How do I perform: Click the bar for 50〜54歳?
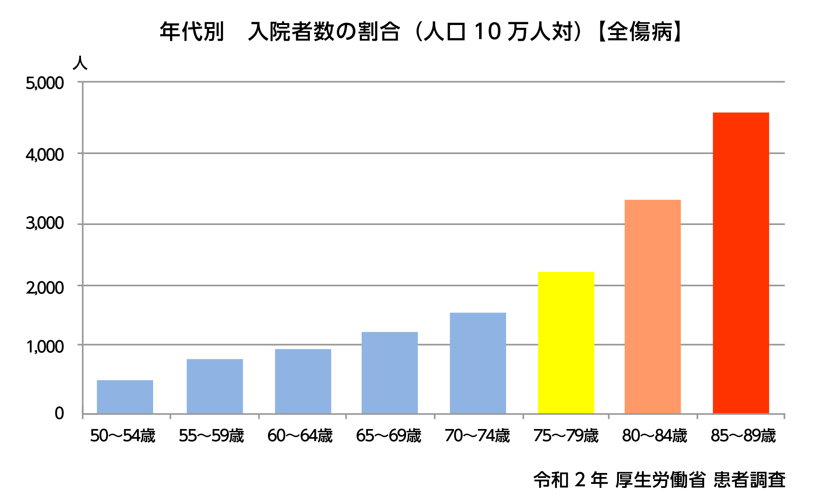coord(125,397)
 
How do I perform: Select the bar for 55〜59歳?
coord(215,386)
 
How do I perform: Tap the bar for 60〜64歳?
coord(303,381)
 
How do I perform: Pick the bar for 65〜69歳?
coord(390,373)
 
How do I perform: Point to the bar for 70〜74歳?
coord(478,363)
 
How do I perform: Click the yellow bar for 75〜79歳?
coord(566,343)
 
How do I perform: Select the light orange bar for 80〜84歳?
coord(653,306)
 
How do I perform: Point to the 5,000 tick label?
coord(45,83)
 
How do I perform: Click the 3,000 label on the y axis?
coord(45,223)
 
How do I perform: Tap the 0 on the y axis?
coord(59,413)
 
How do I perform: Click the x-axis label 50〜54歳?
coord(122,436)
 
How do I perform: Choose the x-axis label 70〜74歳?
coord(477,436)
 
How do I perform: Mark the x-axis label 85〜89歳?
coord(743,436)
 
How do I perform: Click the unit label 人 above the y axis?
coord(80,63)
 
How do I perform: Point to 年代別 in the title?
coord(192,31)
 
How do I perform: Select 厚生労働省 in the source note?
coord(660,480)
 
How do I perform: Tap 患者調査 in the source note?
coord(749,480)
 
